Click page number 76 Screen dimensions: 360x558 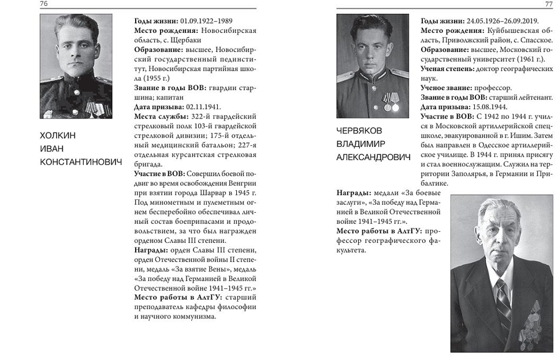pos(44,5)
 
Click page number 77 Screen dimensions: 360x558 pos(549,5)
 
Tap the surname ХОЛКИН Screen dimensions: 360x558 pos(58,135)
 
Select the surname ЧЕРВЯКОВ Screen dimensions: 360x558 pos(359,131)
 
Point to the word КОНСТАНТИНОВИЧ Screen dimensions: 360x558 pos(81,163)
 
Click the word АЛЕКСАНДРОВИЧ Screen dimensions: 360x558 pos(373,157)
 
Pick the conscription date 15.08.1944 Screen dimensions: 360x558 pos(490,107)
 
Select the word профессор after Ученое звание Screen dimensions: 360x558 pos(494,88)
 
